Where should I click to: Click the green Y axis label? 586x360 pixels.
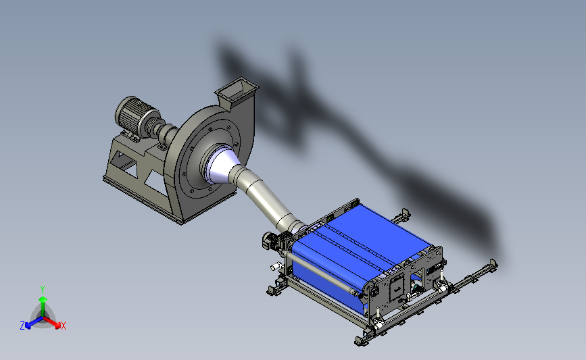click(43, 290)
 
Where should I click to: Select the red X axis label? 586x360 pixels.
click(63, 326)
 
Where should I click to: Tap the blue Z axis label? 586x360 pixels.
click(22, 326)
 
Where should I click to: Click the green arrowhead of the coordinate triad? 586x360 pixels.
click(43, 299)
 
